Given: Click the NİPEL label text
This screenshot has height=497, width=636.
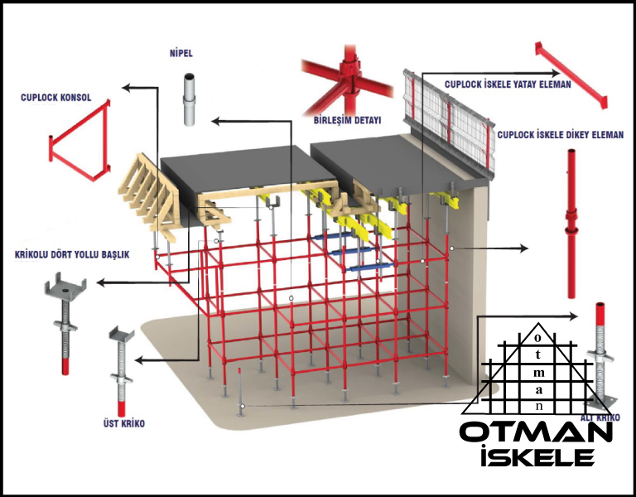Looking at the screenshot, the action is click(181, 53).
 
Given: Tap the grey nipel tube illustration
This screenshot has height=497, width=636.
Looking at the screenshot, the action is click(189, 99).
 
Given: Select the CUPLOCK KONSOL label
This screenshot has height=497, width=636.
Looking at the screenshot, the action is click(56, 98).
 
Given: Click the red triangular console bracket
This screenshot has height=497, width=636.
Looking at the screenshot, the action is click(79, 140).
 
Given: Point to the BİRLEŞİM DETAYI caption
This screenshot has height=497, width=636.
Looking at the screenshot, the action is click(348, 120).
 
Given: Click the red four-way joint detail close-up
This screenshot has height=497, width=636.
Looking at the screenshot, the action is click(347, 79).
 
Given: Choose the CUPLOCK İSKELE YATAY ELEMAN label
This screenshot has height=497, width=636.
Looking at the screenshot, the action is click(508, 84).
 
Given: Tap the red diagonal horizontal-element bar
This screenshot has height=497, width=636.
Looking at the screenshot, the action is click(571, 75).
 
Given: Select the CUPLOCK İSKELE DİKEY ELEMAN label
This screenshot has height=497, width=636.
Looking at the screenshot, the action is click(560, 135).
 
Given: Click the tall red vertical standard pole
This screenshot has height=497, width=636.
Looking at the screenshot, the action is click(571, 224).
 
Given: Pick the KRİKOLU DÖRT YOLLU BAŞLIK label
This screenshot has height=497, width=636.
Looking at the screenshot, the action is click(72, 255).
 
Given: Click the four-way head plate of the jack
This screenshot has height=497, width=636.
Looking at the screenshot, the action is click(65, 285).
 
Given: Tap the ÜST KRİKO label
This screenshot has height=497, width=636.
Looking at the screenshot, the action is click(123, 423).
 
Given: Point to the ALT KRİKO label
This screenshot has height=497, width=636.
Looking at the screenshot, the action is click(600, 417).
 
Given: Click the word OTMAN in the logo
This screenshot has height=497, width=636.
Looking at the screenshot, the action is click(537, 433).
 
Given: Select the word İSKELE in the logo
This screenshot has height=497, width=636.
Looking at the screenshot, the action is click(537, 456).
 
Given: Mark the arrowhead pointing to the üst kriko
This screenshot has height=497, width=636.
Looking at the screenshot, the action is click(139, 359).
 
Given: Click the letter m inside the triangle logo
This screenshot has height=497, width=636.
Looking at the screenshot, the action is click(538, 372).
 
